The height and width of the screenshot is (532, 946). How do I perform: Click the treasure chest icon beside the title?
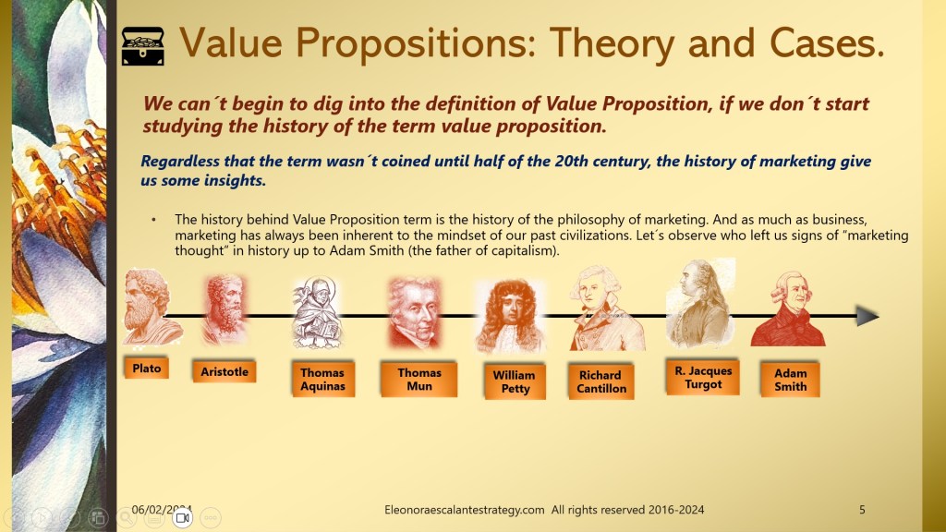point(143,46)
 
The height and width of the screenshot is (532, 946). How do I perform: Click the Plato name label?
point(147,368)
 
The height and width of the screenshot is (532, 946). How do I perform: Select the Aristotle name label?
point(224,371)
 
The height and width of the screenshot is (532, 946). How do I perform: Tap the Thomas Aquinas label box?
point(322,380)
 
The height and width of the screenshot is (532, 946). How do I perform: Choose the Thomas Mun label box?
point(419,380)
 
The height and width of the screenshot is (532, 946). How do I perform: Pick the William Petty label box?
point(515,381)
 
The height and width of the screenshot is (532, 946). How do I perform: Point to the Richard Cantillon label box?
point(600,381)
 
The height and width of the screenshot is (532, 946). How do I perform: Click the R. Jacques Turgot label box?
point(703,378)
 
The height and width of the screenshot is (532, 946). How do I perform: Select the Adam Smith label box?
point(791,380)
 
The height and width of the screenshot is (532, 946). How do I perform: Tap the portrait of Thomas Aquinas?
point(316,312)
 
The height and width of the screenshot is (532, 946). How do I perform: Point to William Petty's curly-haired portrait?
point(511,316)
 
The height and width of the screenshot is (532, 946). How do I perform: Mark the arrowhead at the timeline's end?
point(867,316)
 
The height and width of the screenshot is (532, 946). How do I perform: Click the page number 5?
point(862,510)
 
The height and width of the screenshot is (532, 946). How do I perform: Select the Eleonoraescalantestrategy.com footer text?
point(465,510)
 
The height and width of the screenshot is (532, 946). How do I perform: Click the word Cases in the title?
point(827,43)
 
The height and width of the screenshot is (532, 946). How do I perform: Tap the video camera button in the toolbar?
point(182,517)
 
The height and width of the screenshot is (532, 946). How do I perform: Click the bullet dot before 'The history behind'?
point(154,220)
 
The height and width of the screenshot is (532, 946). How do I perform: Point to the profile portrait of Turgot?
point(701,304)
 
